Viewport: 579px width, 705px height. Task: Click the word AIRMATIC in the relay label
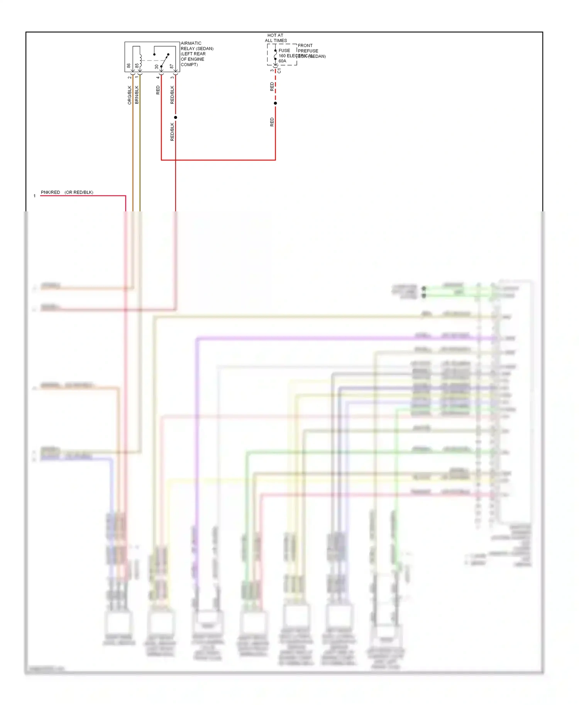191,43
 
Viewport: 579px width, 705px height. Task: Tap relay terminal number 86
129,66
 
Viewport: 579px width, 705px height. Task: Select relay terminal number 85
137,66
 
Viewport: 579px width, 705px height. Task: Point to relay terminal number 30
157,67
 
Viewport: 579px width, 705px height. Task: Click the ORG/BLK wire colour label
130,95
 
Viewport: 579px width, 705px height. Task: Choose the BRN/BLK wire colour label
137,95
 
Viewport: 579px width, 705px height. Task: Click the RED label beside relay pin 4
158,90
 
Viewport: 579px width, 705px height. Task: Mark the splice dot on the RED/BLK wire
176,117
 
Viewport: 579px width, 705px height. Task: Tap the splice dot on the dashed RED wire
275,103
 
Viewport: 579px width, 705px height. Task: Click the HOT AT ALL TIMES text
276,38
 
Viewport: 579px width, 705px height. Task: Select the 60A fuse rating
283,61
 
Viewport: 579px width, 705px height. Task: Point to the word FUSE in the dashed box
284,51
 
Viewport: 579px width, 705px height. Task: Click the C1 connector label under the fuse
279,71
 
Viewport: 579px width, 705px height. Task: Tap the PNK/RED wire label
51,192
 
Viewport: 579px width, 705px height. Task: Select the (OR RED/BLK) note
79,192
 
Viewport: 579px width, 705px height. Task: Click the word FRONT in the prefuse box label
305,46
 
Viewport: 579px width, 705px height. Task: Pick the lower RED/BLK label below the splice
173,132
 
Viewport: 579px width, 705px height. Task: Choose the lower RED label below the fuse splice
272,122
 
